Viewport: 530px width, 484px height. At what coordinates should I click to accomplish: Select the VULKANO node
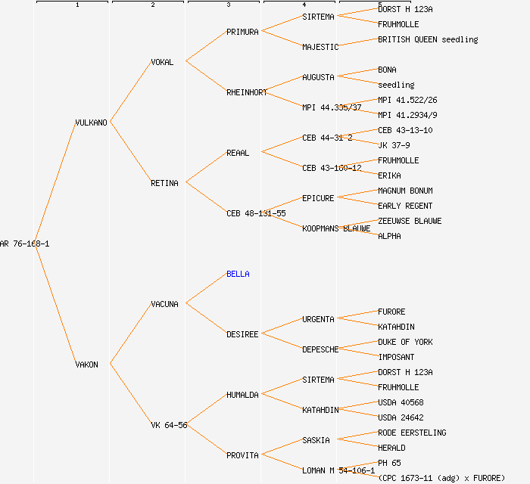pyautogui.click(x=91, y=123)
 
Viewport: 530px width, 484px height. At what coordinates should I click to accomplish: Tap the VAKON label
pyautogui.click(x=86, y=365)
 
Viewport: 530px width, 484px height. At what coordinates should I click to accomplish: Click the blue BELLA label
pyautogui.click(x=238, y=274)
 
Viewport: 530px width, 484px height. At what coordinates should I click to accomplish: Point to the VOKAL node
pyautogui.click(x=162, y=62)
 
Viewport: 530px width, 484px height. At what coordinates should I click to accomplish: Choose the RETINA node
pyautogui.click(x=164, y=183)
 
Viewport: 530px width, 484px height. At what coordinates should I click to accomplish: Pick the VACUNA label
pyautogui.click(x=164, y=304)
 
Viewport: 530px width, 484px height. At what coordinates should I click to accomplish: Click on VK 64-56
pyautogui.click(x=169, y=425)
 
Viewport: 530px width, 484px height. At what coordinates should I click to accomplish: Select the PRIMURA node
pyautogui.click(x=242, y=32)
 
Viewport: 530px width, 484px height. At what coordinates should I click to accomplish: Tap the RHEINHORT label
pyautogui.click(x=247, y=92)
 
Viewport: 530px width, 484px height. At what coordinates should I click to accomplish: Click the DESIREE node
pyautogui.click(x=242, y=334)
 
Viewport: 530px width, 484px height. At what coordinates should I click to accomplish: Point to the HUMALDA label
pyautogui.click(x=242, y=395)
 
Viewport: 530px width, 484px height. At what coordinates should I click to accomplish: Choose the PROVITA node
pyautogui.click(x=242, y=455)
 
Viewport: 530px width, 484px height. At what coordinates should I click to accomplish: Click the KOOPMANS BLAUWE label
pyautogui.click(x=336, y=228)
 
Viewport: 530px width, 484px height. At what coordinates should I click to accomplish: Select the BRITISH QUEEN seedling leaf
pyautogui.click(x=428, y=39)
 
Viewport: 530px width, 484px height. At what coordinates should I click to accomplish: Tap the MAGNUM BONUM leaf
pyautogui.click(x=405, y=191)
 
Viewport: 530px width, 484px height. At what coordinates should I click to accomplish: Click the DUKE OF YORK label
pyautogui.click(x=405, y=342)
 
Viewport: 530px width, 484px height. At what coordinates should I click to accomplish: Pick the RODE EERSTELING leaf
pyautogui.click(x=412, y=433)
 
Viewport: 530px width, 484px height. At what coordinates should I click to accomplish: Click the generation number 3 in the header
pyautogui.click(x=228, y=5)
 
